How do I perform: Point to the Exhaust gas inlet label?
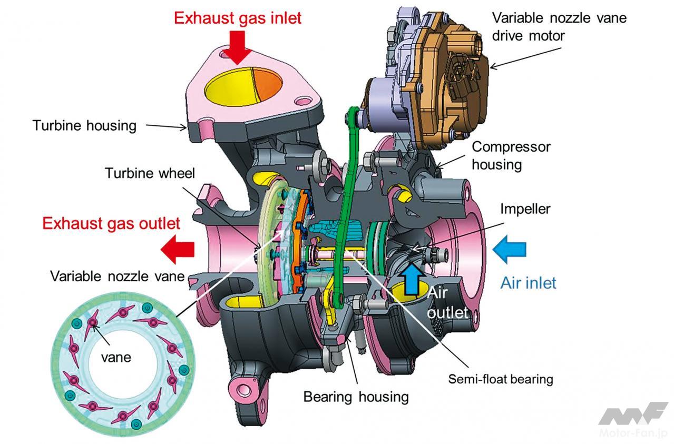tap(238, 18)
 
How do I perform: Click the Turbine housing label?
tap(84, 125)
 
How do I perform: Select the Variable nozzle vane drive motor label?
tap(559, 26)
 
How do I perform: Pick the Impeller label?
tap(525, 209)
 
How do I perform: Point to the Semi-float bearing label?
tap(501, 379)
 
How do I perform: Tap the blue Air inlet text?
tap(528, 283)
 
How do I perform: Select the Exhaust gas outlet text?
tap(111, 223)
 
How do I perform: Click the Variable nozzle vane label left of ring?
tap(117, 277)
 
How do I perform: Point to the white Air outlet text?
tap(447, 302)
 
